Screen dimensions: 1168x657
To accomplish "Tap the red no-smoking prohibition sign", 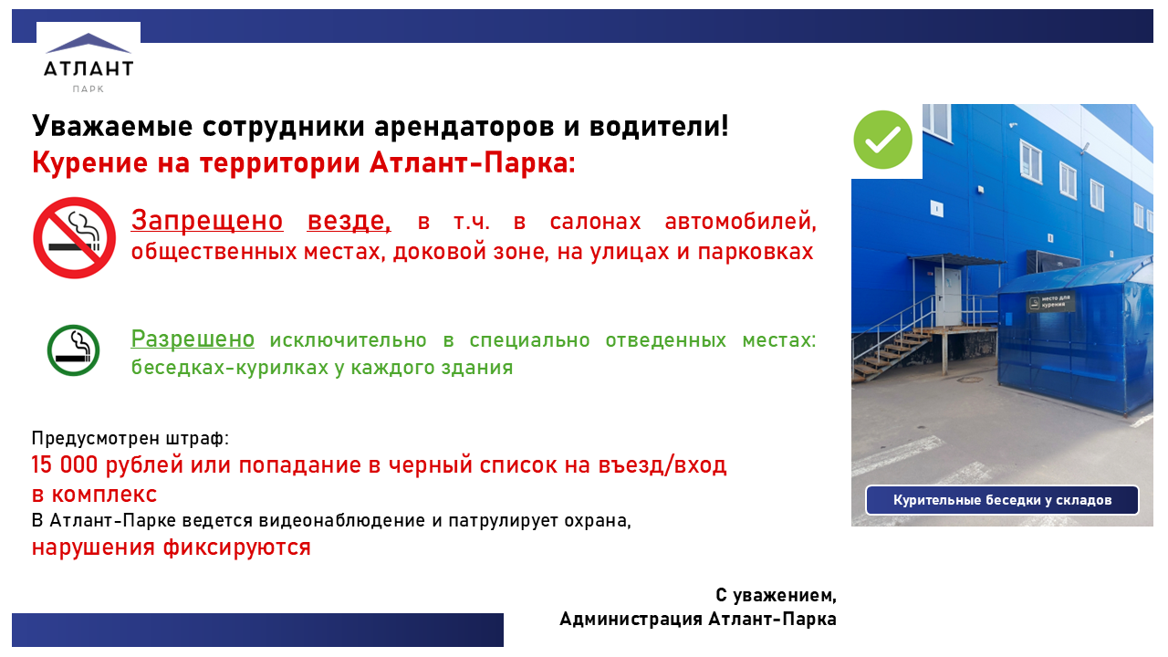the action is coord(74,238).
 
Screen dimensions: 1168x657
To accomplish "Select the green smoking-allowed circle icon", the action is coord(74,350).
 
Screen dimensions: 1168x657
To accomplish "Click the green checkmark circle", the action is coord(882,140).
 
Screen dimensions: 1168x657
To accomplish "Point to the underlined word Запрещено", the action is coord(207,221).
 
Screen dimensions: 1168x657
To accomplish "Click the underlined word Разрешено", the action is coord(193,339).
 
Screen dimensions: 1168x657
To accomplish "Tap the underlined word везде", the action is coord(349,221).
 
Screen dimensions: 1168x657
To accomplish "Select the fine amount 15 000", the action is coord(65,464).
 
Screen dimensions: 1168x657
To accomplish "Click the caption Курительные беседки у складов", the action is coord(1002,500).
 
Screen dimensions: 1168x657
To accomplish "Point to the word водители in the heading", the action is coord(659,126).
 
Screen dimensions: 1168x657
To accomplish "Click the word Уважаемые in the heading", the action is coord(112,126).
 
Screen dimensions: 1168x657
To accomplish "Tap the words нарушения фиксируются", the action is coord(171,547).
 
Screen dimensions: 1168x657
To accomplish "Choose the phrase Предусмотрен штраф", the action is coord(130,438).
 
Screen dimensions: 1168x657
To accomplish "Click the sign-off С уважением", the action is coord(776,596).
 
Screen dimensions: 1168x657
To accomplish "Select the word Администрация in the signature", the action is coord(631,619).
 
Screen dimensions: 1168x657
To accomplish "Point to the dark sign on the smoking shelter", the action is coord(1050,302).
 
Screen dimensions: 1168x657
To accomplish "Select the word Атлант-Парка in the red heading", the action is coord(473,162).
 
